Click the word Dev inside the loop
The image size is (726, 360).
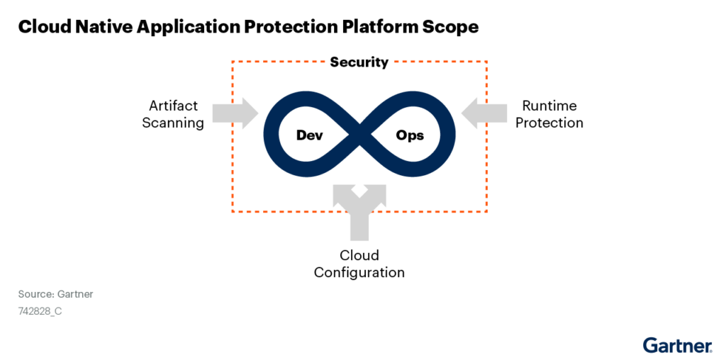[310, 135]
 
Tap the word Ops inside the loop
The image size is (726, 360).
[410, 135]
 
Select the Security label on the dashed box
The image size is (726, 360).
[359, 62]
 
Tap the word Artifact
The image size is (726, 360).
[173, 106]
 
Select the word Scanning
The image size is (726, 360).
[173, 123]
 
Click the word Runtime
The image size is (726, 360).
[549, 106]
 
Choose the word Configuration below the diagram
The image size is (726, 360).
[359, 272]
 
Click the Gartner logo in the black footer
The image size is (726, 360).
[677, 346]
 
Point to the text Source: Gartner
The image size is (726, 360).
[56, 294]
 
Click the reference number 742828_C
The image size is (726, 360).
[40, 310]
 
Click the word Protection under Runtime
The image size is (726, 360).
[549, 123]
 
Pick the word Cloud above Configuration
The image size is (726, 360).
[359, 255]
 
